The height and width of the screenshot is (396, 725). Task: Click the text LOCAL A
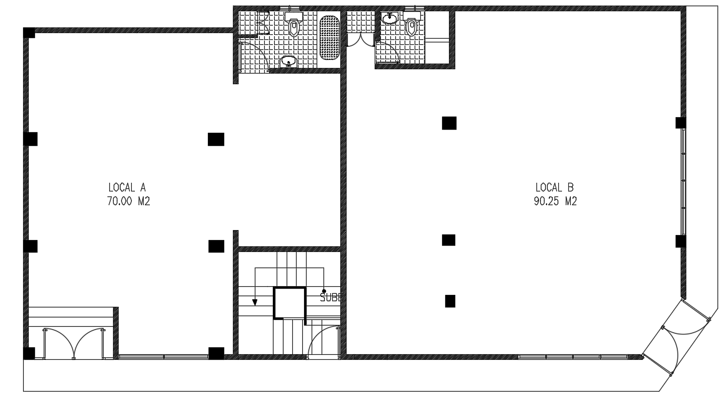click(127, 187)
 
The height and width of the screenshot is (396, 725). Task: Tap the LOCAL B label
click(554, 187)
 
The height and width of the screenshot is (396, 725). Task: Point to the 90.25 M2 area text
click(554, 201)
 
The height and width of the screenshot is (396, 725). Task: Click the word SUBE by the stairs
click(331, 298)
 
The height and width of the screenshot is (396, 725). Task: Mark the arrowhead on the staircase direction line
click(255, 302)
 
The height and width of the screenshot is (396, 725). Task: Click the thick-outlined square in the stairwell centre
click(289, 303)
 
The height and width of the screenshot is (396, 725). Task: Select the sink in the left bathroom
click(288, 60)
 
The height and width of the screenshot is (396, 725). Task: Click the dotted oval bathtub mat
click(329, 38)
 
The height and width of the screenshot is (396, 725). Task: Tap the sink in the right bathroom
click(390, 19)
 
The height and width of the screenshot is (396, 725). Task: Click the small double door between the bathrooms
click(360, 39)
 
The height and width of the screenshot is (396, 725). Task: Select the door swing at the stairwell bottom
click(323, 340)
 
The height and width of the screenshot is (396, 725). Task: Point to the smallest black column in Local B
click(450, 301)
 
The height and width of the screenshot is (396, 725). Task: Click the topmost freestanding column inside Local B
click(448, 123)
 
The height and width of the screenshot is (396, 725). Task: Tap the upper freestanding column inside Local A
click(216, 139)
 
